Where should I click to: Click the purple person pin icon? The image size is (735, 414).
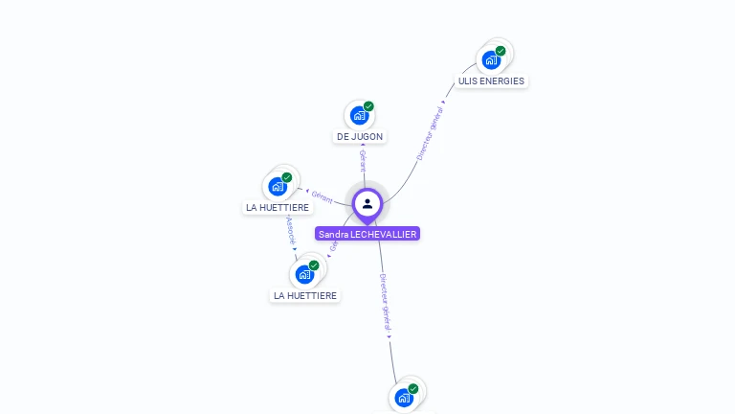[367, 204]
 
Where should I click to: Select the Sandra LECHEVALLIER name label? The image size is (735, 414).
[367, 234]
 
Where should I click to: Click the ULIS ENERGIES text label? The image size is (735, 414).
[491, 81]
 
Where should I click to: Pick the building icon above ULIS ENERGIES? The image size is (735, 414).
[491, 60]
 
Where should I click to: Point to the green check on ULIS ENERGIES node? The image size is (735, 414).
[501, 51]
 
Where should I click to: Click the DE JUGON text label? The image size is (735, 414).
[360, 137]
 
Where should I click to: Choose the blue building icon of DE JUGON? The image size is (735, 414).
[359, 116]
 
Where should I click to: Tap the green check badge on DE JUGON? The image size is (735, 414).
[368, 106]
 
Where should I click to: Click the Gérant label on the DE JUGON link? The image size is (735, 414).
[363, 160]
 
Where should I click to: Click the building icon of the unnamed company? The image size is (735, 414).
[403, 398]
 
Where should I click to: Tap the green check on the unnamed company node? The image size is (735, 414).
[413, 389]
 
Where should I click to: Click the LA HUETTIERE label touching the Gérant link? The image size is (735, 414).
[278, 207]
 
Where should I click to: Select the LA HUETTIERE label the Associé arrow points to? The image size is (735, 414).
[305, 295]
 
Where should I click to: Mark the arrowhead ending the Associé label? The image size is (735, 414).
[295, 249]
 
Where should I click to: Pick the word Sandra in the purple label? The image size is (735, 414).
[333, 234]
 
